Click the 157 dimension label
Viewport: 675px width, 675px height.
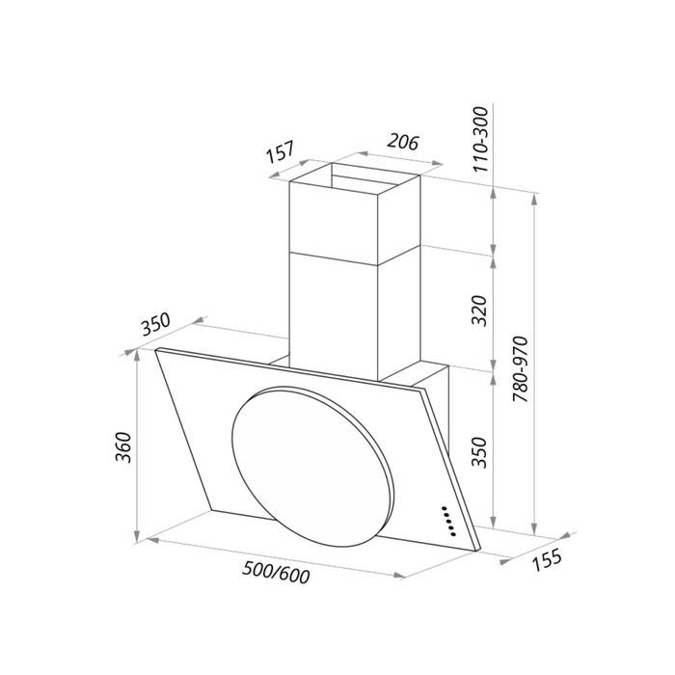pyautogui.click(x=281, y=152)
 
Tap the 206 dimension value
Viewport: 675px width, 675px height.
pyautogui.click(x=403, y=142)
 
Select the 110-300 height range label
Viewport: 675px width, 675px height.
pyautogui.click(x=481, y=140)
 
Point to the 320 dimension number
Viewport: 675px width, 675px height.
pyautogui.click(x=479, y=310)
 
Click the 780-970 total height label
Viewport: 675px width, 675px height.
pyautogui.click(x=520, y=369)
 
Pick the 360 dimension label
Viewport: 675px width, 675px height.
pyautogui.click(x=123, y=446)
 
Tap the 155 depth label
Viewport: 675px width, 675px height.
pyautogui.click(x=547, y=559)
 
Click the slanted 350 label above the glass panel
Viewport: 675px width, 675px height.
pyautogui.click(x=156, y=325)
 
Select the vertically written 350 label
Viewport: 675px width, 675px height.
pyautogui.click(x=479, y=452)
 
